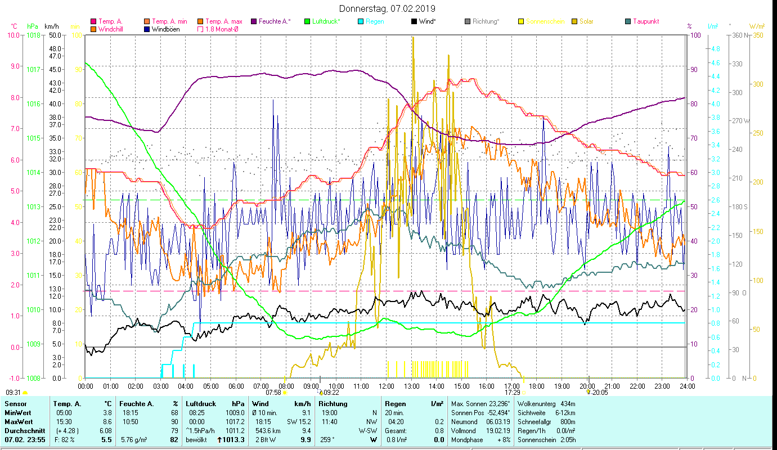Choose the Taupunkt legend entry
click(645, 21)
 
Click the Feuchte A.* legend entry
click(275, 21)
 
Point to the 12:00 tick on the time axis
click(387, 386)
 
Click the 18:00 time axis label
click(537, 386)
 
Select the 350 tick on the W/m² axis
click(757, 35)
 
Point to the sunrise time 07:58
click(273, 393)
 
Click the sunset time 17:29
click(512, 393)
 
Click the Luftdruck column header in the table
click(198, 403)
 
